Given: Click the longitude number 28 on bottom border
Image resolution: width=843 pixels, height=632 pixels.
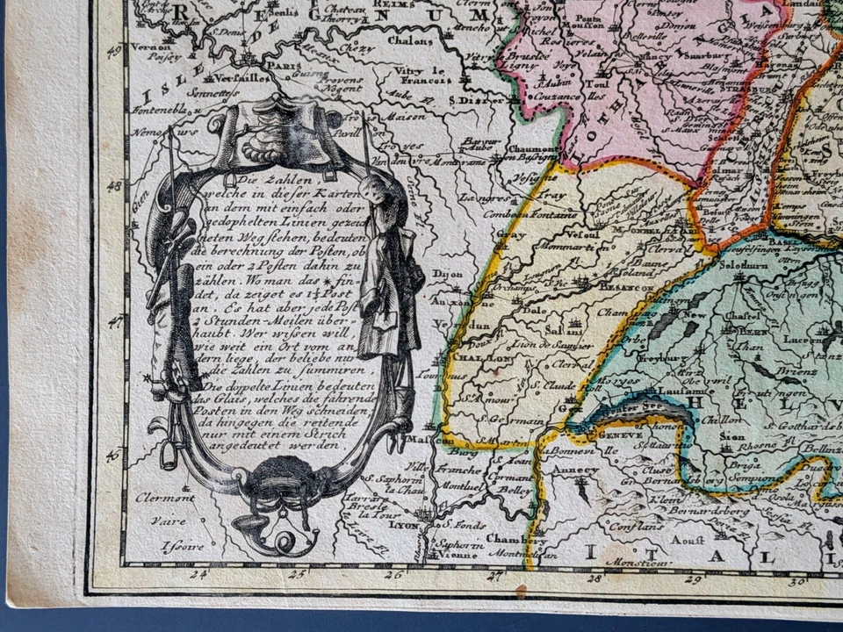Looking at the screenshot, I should pyautogui.click(x=596, y=577).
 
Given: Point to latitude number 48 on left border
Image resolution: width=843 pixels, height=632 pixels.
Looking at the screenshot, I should pyautogui.click(x=113, y=187).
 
